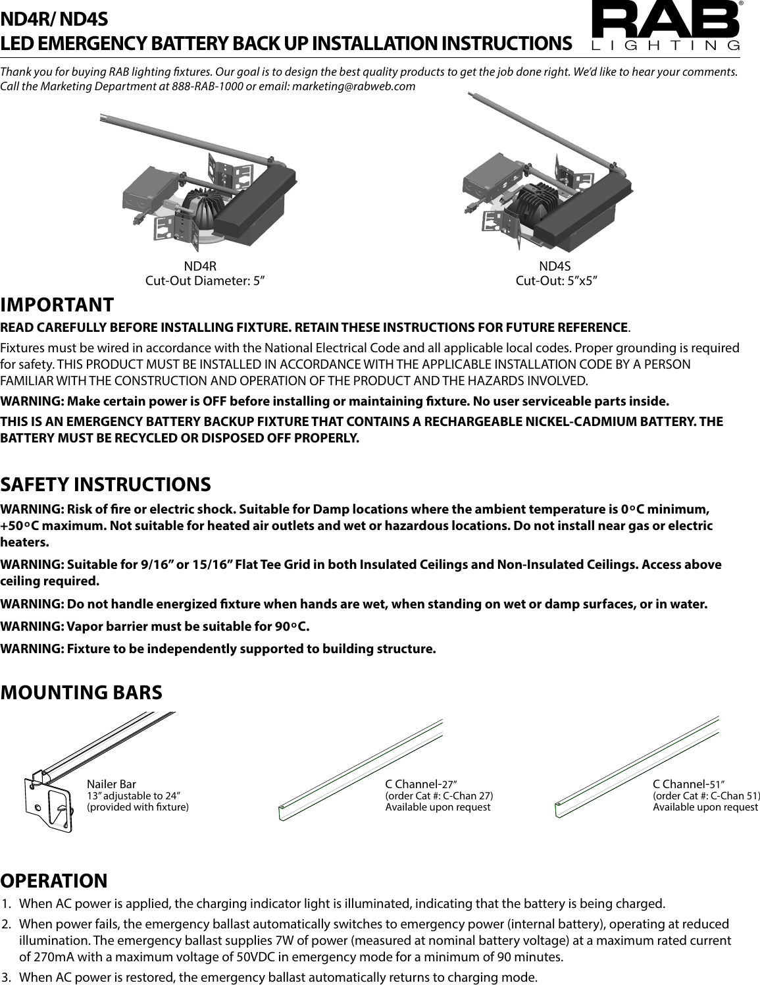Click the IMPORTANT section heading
(x=57, y=306)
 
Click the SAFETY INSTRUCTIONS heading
(x=106, y=485)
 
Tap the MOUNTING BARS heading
(x=81, y=693)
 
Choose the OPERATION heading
(x=54, y=880)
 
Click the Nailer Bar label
(x=111, y=784)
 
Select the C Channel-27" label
(x=421, y=784)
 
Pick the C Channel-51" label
(x=688, y=784)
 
